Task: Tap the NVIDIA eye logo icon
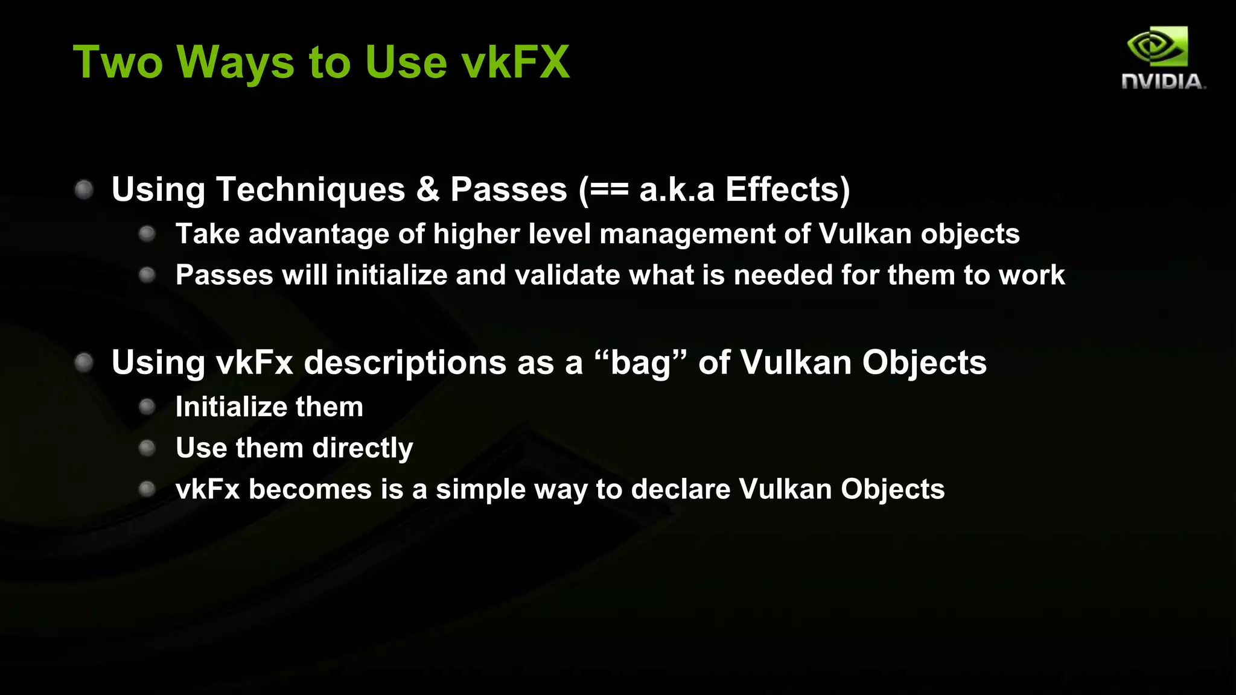1158,46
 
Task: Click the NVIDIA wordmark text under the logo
1162,81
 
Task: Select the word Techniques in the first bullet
310,189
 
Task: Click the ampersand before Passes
428,189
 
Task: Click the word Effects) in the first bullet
788,189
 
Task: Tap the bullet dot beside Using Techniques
84,190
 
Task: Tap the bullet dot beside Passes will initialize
147,276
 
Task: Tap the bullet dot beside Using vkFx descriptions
84,363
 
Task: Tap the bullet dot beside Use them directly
147,448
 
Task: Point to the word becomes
310,489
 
